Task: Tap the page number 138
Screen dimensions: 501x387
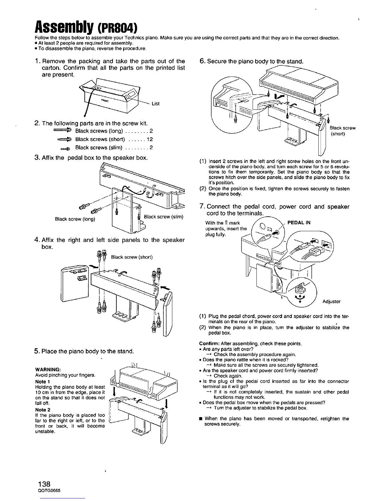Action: pos(44,484)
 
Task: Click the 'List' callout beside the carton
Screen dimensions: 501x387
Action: pos(156,103)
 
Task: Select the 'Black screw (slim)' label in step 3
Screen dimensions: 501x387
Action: pos(163,217)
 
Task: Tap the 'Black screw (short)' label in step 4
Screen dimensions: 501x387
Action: pos(132,257)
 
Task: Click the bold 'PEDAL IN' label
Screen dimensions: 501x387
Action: pos(299,223)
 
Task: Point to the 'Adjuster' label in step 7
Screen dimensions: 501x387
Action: pos(331,301)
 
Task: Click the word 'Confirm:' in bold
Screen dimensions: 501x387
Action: pos(209,343)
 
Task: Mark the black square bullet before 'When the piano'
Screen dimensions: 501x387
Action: pos(201,419)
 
